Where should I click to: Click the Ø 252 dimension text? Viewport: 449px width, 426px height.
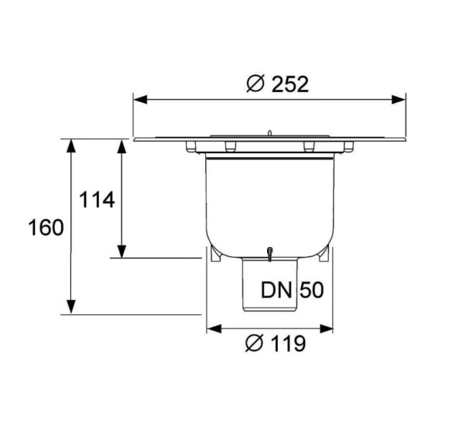click(277, 84)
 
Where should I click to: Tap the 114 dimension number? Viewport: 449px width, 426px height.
click(97, 200)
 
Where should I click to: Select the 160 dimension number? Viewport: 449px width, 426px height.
click(46, 227)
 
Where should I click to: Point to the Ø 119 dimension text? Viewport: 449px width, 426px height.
click(276, 343)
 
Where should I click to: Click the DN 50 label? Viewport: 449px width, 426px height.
click(292, 290)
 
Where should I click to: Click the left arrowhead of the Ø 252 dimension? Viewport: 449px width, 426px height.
click(140, 100)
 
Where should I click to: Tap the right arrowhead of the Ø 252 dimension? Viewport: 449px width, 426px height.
click(399, 100)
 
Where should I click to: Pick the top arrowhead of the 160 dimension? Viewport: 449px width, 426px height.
click(71, 146)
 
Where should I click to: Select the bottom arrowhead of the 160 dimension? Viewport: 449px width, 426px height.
click(71, 307)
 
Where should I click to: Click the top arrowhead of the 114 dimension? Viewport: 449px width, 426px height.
click(122, 146)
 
